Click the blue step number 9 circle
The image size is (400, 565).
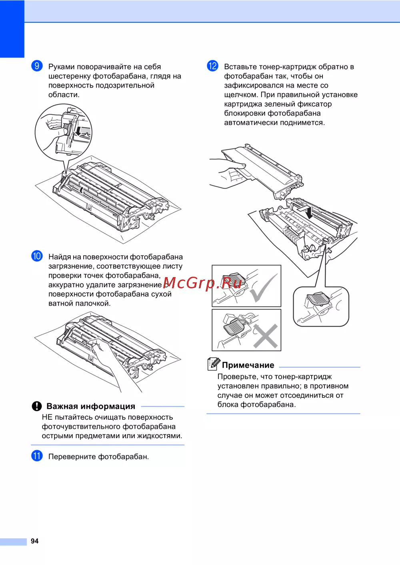(x=37, y=66)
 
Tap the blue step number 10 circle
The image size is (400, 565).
(x=37, y=256)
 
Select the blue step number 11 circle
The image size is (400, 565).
(x=37, y=456)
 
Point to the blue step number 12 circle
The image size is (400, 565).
(x=212, y=66)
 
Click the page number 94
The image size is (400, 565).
(x=34, y=541)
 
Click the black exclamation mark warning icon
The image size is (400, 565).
(x=37, y=406)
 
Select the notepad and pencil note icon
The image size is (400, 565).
(x=214, y=364)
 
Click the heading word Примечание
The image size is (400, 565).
(x=248, y=365)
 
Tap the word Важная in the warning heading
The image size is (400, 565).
(x=62, y=406)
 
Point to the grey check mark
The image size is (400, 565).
(x=264, y=288)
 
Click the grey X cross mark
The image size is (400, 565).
(x=265, y=336)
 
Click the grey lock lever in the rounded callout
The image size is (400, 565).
(x=318, y=299)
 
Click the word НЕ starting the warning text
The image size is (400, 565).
(x=47, y=417)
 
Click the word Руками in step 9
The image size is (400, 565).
(x=62, y=67)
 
